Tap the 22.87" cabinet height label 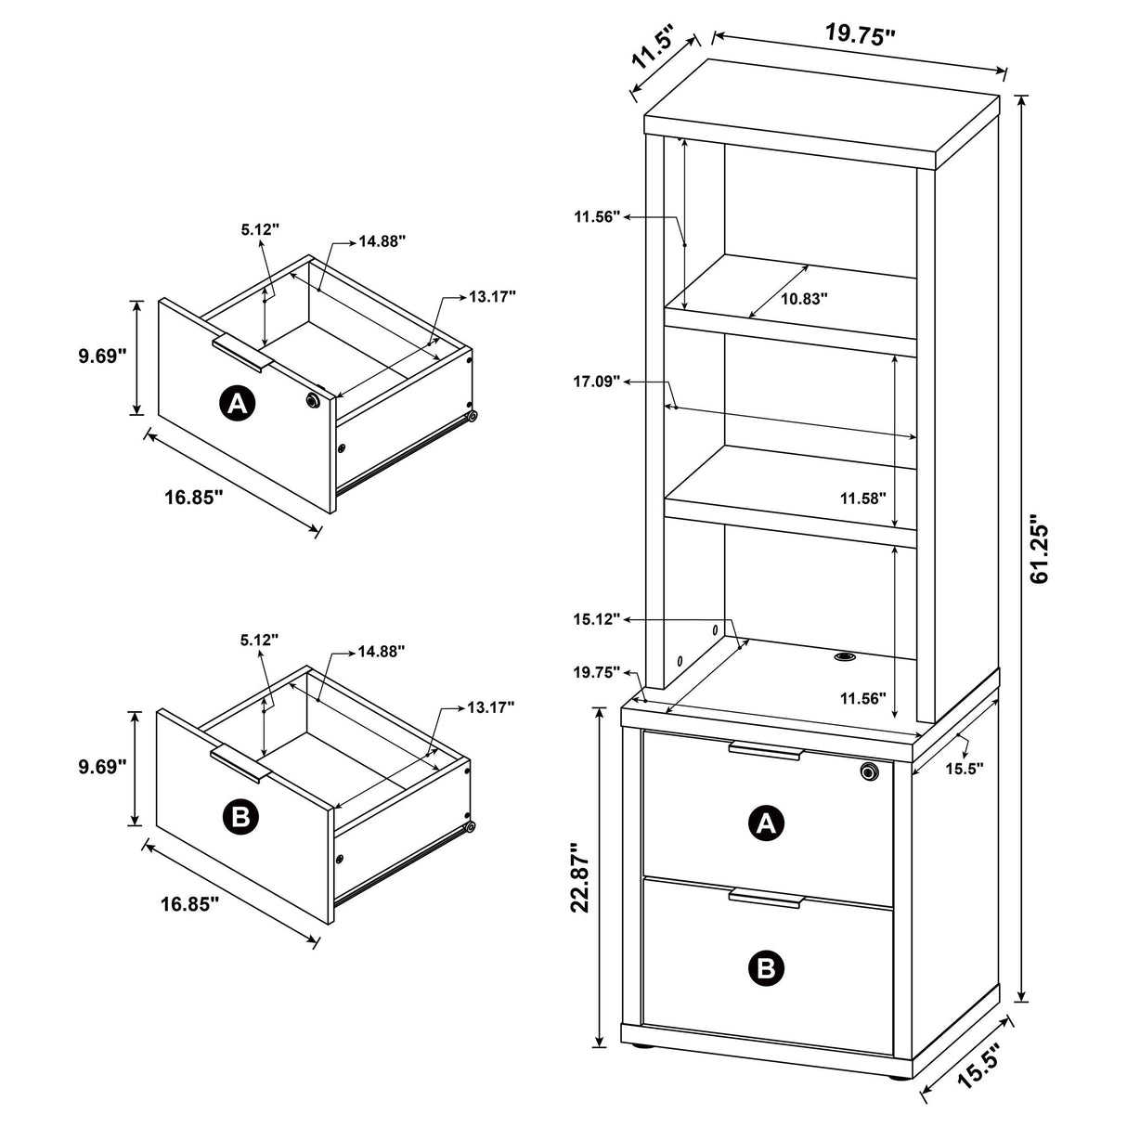[x=581, y=877]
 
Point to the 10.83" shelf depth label [x=803, y=299]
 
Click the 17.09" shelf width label [x=596, y=381]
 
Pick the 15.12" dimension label [x=596, y=619]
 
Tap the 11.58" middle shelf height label [x=862, y=498]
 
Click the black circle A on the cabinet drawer [x=767, y=822]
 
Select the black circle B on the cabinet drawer [x=767, y=968]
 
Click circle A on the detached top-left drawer [x=237, y=403]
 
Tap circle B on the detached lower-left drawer [x=240, y=816]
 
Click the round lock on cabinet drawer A [x=869, y=771]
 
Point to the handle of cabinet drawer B [x=765, y=897]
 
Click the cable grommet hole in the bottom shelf [x=845, y=657]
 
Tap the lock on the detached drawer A [x=313, y=400]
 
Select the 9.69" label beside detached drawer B [x=101, y=767]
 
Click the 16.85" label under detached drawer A [x=194, y=497]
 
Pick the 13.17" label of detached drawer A [x=492, y=296]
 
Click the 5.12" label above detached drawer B [x=259, y=640]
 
